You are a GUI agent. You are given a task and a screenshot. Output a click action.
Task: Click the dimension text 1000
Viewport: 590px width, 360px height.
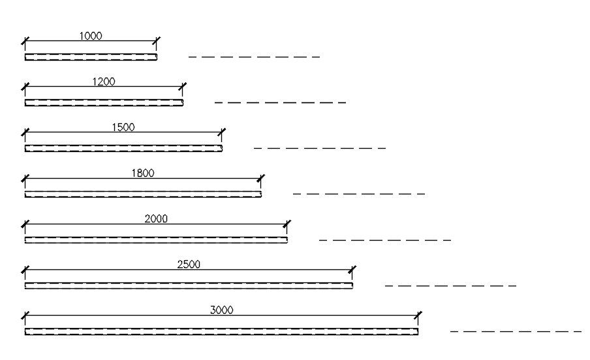coord(91,36)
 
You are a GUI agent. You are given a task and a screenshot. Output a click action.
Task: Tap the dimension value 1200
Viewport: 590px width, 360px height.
coord(104,82)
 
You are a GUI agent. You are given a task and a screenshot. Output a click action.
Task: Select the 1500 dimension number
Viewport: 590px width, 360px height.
coord(123,127)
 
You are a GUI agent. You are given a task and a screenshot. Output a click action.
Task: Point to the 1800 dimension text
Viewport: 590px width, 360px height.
coord(143,173)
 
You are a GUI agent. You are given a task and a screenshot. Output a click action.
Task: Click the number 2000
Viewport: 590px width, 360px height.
coord(156,218)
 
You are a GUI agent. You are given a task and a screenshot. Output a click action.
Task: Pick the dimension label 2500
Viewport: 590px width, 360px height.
coord(189,264)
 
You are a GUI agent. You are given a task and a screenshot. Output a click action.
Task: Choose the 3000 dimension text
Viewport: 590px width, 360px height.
coord(221,310)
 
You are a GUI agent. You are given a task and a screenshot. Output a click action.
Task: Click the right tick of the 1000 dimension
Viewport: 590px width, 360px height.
coord(157,42)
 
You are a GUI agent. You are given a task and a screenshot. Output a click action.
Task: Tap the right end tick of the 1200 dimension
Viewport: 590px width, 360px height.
coord(183,87)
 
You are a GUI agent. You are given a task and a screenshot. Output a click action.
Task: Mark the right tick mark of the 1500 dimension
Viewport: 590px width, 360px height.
coord(222,133)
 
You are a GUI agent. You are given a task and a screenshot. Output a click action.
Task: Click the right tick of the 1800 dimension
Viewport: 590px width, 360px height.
coord(261,179)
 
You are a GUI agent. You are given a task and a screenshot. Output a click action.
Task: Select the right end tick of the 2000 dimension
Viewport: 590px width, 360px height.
coord(287,224)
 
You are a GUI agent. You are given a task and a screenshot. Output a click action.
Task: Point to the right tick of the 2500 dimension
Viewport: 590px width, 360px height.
coord(352,270)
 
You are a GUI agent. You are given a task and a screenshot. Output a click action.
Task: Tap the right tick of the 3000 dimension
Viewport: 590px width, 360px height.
coord(418,316)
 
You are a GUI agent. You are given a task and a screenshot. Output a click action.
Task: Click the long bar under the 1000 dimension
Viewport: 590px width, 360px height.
coord(91,57)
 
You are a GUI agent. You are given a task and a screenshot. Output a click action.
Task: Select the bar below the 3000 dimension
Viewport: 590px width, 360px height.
coord(221,331)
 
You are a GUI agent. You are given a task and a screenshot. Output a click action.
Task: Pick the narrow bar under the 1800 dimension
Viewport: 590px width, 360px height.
coord(143,194)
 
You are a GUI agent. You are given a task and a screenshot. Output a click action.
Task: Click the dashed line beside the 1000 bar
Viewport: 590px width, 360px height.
coord(254,57)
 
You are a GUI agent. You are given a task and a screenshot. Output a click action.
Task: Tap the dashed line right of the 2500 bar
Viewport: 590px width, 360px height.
coord(450,285)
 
